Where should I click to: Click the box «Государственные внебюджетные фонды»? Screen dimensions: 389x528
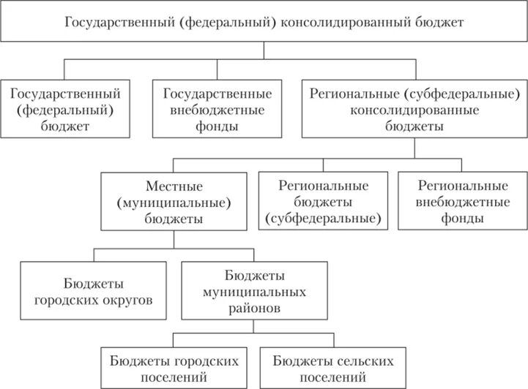217,109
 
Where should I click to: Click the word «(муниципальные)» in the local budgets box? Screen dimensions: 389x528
174,202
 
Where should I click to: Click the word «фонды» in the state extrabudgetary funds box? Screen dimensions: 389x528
217,125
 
